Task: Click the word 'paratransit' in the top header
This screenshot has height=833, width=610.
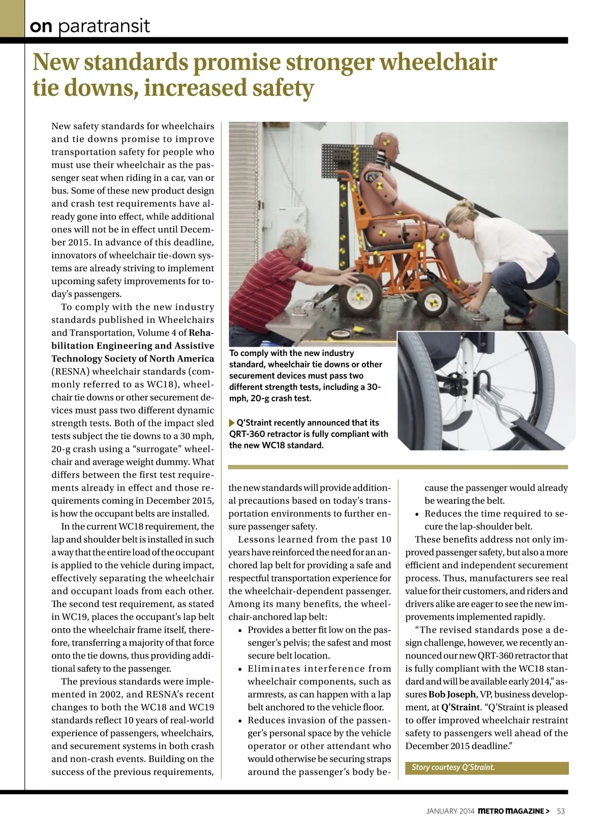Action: click(x=104, y=25)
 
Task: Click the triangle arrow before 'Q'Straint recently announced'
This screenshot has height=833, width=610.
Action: click(x=232, y=423)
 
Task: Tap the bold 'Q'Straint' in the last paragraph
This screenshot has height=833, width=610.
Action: click(x=461, y=707)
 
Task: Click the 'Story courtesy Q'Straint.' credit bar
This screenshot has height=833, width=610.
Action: click(x=486, y=767)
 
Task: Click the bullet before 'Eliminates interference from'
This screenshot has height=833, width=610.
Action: click(x=240, y=669)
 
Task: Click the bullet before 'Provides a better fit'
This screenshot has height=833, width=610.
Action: click(x=240, y=631)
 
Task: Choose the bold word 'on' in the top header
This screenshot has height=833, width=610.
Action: click(x=41, y=26)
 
